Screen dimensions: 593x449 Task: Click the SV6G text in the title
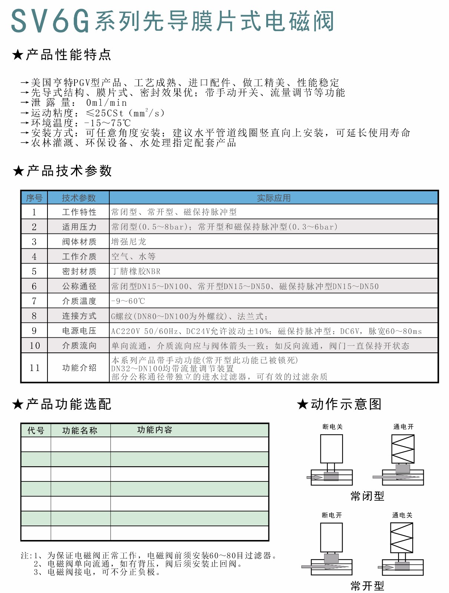(50, 21)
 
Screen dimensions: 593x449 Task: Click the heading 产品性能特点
(69, 55)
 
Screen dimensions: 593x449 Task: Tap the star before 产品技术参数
(18, 171)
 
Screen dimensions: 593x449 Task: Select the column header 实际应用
(274, 198)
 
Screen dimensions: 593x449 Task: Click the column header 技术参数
(79, 198)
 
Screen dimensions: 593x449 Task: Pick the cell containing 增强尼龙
(129, 242)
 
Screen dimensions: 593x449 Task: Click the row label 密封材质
(79, 271)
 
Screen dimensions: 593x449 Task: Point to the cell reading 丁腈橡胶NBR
(136, 271)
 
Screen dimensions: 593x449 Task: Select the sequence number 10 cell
(34, 345)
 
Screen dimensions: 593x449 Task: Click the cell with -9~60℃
(128, 301)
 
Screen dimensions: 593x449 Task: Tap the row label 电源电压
(79, 331)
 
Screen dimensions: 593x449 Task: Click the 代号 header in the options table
(36, 430)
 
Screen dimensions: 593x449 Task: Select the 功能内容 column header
(155, 430)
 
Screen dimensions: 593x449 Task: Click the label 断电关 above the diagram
(333, 427)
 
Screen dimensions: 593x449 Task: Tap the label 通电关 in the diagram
(402, 515)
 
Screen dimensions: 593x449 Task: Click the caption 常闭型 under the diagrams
(367, 496)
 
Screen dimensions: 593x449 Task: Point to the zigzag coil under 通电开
(403, 449)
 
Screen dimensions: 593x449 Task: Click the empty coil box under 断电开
(331, 537)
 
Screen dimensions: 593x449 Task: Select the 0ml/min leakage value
(106, 103)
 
